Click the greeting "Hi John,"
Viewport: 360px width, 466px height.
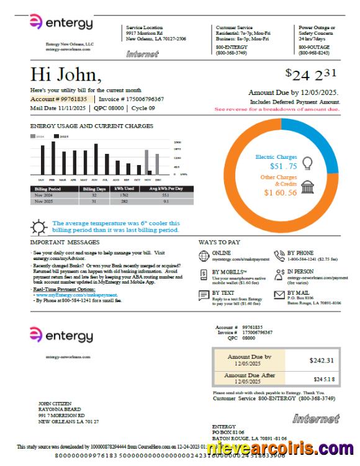pyautogui.click(x=65, y=75)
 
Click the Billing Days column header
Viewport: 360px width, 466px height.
pyautogui.click(x=94, y=189)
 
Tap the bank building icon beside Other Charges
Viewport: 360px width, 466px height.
pyautogui.click(x=307, y=187)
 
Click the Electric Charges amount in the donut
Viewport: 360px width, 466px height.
pyautogui.click(x=284, y=166)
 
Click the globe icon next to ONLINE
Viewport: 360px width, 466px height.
pyautogui.click(x=203, y=255)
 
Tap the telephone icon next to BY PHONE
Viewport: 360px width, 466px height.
pyautogui.click(x=278, y=255)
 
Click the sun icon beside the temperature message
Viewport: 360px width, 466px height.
pyautogui.click(x=39, y=226)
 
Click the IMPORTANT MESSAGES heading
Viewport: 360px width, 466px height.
pyautogui.click(x=65, y=242)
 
